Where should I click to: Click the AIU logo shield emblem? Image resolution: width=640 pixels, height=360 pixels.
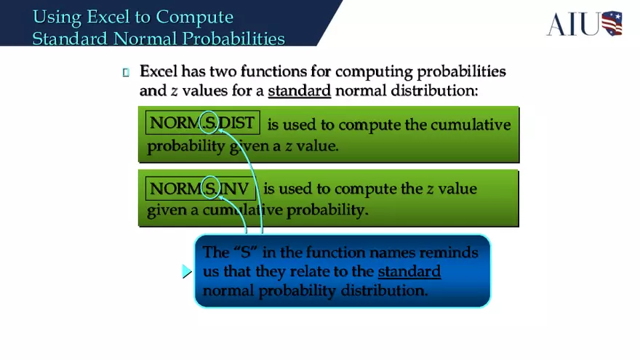[612, 23]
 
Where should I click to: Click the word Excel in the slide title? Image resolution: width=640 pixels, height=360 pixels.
[108, 17]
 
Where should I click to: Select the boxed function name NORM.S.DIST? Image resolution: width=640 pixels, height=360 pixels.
[202, 123]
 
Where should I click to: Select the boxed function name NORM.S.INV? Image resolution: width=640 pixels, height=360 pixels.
[200, 189]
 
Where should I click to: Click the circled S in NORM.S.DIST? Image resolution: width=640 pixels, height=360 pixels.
[209, 124]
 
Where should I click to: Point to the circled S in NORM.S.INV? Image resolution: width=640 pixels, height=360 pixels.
[210, 189]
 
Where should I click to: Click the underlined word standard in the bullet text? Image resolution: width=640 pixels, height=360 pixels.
[299, 91]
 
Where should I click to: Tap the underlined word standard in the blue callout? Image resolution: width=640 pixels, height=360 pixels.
[409, 271]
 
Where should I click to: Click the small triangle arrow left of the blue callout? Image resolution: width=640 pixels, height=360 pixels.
[187, 272]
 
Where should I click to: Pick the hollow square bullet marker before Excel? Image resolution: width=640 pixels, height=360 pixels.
[126, 72]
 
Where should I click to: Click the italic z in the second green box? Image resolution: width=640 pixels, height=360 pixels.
[430, 189]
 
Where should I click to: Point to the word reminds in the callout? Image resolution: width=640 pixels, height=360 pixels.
[452, 252]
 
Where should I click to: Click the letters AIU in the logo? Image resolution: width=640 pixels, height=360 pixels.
[573, 24]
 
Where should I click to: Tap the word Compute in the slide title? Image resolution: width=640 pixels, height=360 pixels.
[195, 17]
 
